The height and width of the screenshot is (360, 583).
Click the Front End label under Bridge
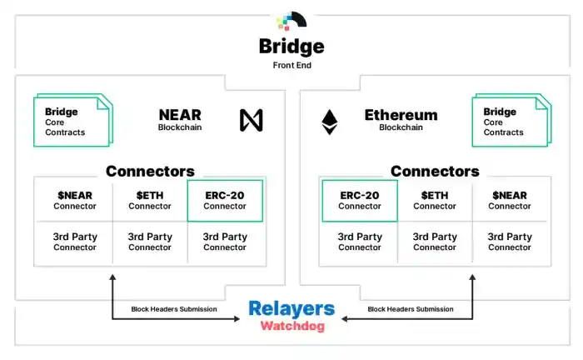click(291, 64)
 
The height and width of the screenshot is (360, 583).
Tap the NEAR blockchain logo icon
click(252, 121)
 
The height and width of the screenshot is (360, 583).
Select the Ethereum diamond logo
click(330, 122)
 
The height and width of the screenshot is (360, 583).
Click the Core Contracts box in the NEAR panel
click(71, 122)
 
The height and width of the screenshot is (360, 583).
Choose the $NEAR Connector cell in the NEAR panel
click(75, 201)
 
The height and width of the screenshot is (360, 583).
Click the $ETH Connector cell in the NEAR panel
click(150, 201)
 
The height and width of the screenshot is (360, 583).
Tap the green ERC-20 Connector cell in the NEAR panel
click(225, 201)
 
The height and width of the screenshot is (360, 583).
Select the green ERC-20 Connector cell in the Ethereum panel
click(360, 201)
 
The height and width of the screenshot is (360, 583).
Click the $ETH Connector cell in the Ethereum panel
click(435, 201)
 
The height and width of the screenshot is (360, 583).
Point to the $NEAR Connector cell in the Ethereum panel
click(510, 201)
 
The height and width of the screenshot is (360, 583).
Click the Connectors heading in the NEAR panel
click(150, 172)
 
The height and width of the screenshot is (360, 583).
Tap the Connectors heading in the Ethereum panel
click(435, 172)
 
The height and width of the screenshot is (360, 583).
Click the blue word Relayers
click(291, 309)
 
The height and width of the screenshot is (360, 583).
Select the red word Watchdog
click(291, 327)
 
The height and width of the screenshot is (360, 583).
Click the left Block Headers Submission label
click(174, 309)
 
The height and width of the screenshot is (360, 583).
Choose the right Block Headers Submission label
click(411, 309)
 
